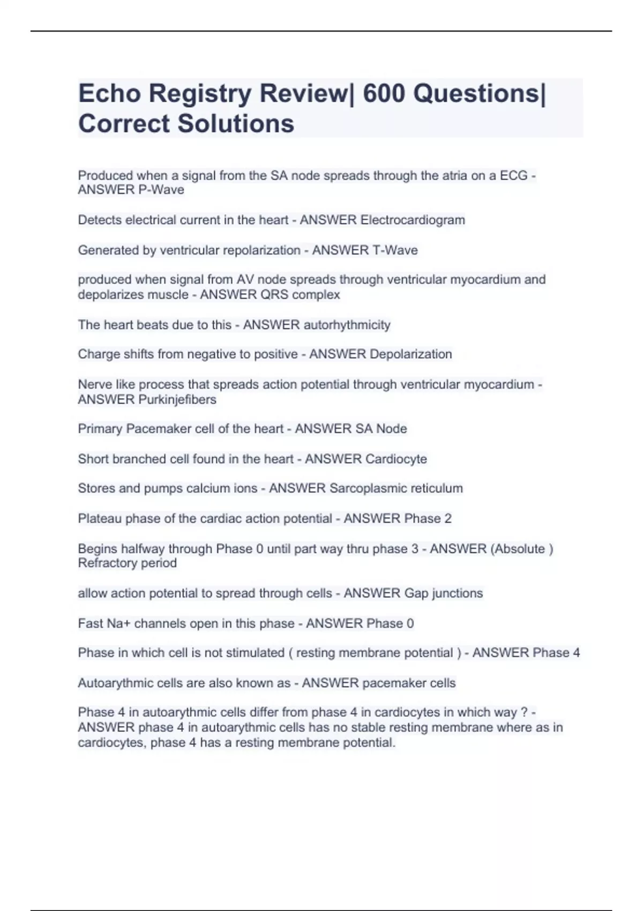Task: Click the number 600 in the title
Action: tap(384, 94)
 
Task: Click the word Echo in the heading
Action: tap(109, 94)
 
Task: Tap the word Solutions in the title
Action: tap(236, 124)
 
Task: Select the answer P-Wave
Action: tap(161, 190)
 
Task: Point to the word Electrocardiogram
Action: tap(413, 220)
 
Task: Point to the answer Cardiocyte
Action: tap(396, 459)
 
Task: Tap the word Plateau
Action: tap(100, 519)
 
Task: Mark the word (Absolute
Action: tap(518, 549)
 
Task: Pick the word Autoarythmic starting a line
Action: tap(111, 683)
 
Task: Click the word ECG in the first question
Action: tap(513, 176)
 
